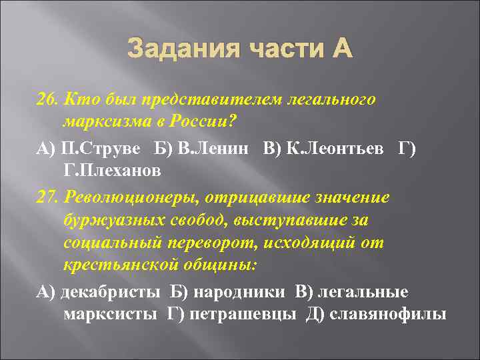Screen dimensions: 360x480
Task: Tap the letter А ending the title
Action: pos(339,49)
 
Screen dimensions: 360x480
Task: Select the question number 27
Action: pos(46,199)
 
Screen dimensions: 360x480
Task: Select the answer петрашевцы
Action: pos(243,315)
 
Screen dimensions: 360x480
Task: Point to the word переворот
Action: pos(199,243)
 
